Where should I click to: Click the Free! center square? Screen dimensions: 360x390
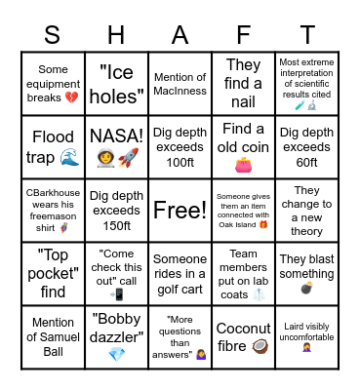point(180,210)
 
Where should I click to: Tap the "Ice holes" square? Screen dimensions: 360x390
point(116,82)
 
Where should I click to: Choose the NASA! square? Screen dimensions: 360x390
point(116,145)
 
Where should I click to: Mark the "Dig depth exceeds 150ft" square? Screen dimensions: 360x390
point(116,210)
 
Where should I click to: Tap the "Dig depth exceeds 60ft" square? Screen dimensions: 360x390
point(307,145)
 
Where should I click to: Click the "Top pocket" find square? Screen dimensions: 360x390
point(52,273)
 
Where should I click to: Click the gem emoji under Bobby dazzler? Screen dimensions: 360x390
point(116,354)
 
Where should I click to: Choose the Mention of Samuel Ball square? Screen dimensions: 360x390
point(52,336)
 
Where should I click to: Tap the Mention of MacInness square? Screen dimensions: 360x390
point(180,82)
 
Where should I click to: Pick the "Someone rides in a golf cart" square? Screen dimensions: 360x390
point(180,273)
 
